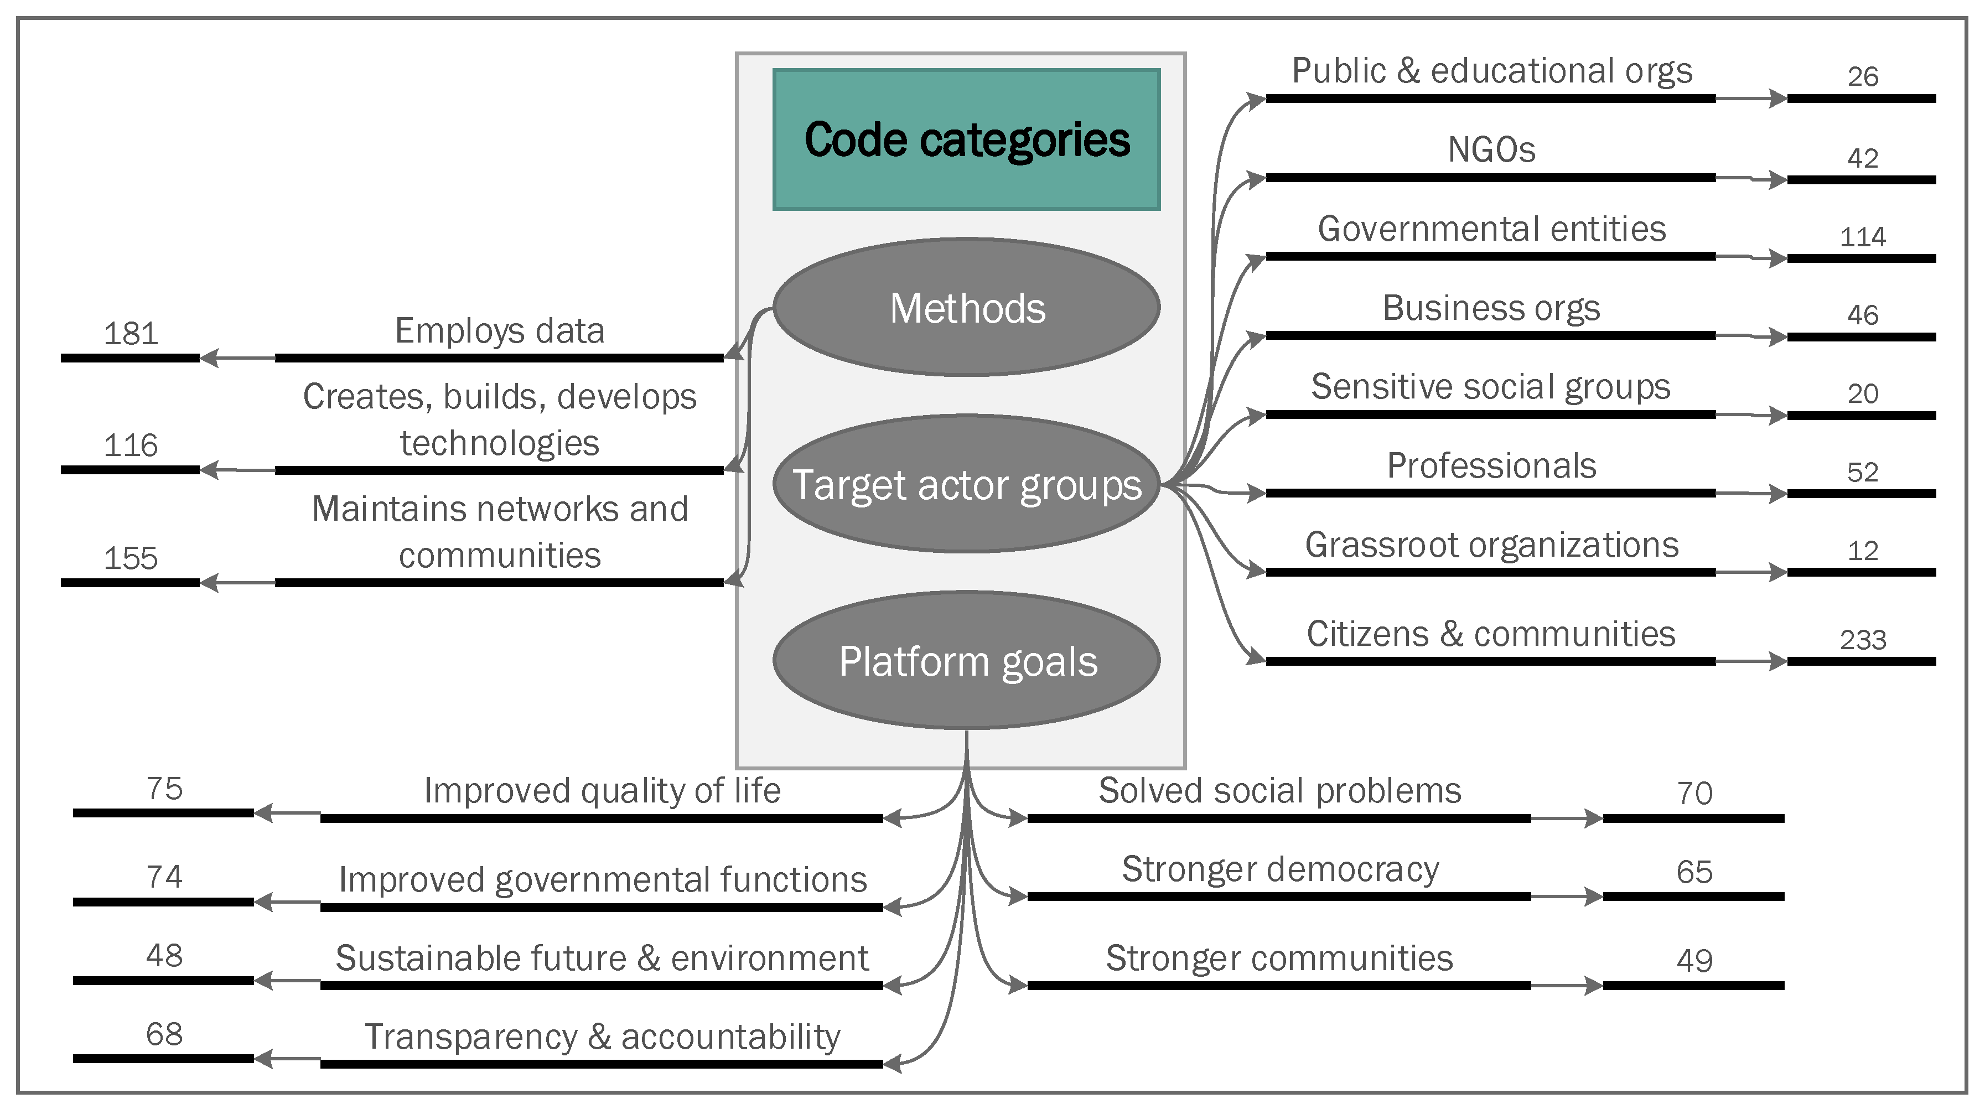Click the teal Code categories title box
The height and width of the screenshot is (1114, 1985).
(966, 139)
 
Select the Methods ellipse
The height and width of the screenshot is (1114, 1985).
(966, 307)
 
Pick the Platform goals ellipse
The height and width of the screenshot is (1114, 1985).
(966, 661)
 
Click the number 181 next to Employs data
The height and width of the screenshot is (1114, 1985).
(131, 334)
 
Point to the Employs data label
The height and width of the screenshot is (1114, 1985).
(499, 331)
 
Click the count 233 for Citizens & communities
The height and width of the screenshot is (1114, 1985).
(1863, 639)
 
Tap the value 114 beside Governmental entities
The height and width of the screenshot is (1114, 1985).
(1863, 236)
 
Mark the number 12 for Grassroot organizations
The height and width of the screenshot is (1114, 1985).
(1863, 551)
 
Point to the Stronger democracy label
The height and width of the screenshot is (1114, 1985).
(1279, 869)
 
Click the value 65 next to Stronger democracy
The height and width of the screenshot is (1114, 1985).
(1694, 872)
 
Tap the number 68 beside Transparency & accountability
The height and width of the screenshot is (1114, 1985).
(164, 1034)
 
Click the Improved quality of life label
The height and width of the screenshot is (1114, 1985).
(602, 790)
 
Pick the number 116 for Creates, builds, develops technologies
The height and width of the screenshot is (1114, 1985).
(131, 445)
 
